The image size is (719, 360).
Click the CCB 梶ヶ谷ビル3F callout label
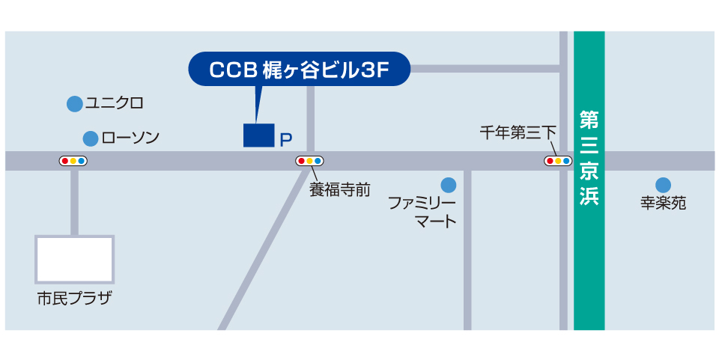(x=299, y=70)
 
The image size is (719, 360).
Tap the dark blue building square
(x=259, y=135)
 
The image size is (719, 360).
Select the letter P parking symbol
(x=285, y=139)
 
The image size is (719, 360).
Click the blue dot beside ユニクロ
(x=73, y=104)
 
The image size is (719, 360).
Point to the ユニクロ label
(x=114, y=103)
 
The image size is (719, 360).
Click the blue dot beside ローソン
(x=91, y=138)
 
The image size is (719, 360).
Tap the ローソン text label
(x=130, y=138)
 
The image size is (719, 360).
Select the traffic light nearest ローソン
(x=73, y=161)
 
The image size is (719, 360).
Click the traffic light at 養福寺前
(x=310, y=161)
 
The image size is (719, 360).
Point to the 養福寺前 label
(x=340, y=189)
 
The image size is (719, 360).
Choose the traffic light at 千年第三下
(x=558, y=161)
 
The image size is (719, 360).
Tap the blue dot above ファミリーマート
(x=448, y=184)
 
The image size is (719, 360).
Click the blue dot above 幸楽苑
(x=663, y=185)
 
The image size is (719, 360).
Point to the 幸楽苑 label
(x=663, y=204)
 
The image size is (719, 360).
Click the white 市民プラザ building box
(x=75, y=259)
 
